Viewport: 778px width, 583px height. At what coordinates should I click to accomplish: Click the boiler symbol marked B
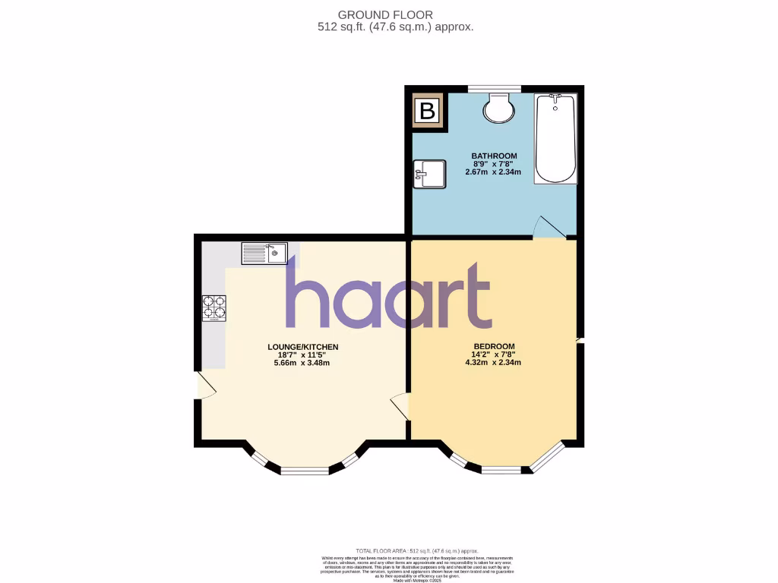coord(427,112)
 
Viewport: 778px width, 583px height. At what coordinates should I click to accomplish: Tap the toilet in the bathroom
coord(498,108)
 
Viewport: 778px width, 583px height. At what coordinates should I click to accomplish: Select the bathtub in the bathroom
coord(555,138)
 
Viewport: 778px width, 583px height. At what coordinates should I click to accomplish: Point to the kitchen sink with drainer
coord(264,253)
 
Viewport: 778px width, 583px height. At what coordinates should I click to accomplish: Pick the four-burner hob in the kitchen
coord(214,308)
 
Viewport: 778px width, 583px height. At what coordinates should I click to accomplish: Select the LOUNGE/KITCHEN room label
coord(303,347)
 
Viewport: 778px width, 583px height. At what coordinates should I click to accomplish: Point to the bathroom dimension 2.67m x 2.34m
coord(493,172)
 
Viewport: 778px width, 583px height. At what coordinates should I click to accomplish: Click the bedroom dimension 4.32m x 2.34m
coord(493,362)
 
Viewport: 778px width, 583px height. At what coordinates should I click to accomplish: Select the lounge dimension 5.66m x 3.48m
coord(303,362)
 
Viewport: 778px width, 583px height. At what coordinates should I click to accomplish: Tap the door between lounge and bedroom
coord(400,407)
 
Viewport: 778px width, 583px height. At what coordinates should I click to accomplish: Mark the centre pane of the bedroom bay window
coord(501,470)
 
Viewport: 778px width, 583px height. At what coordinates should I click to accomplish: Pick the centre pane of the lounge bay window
coord(304,471)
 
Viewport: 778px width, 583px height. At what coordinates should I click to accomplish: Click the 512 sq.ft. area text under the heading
coord(395,27)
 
